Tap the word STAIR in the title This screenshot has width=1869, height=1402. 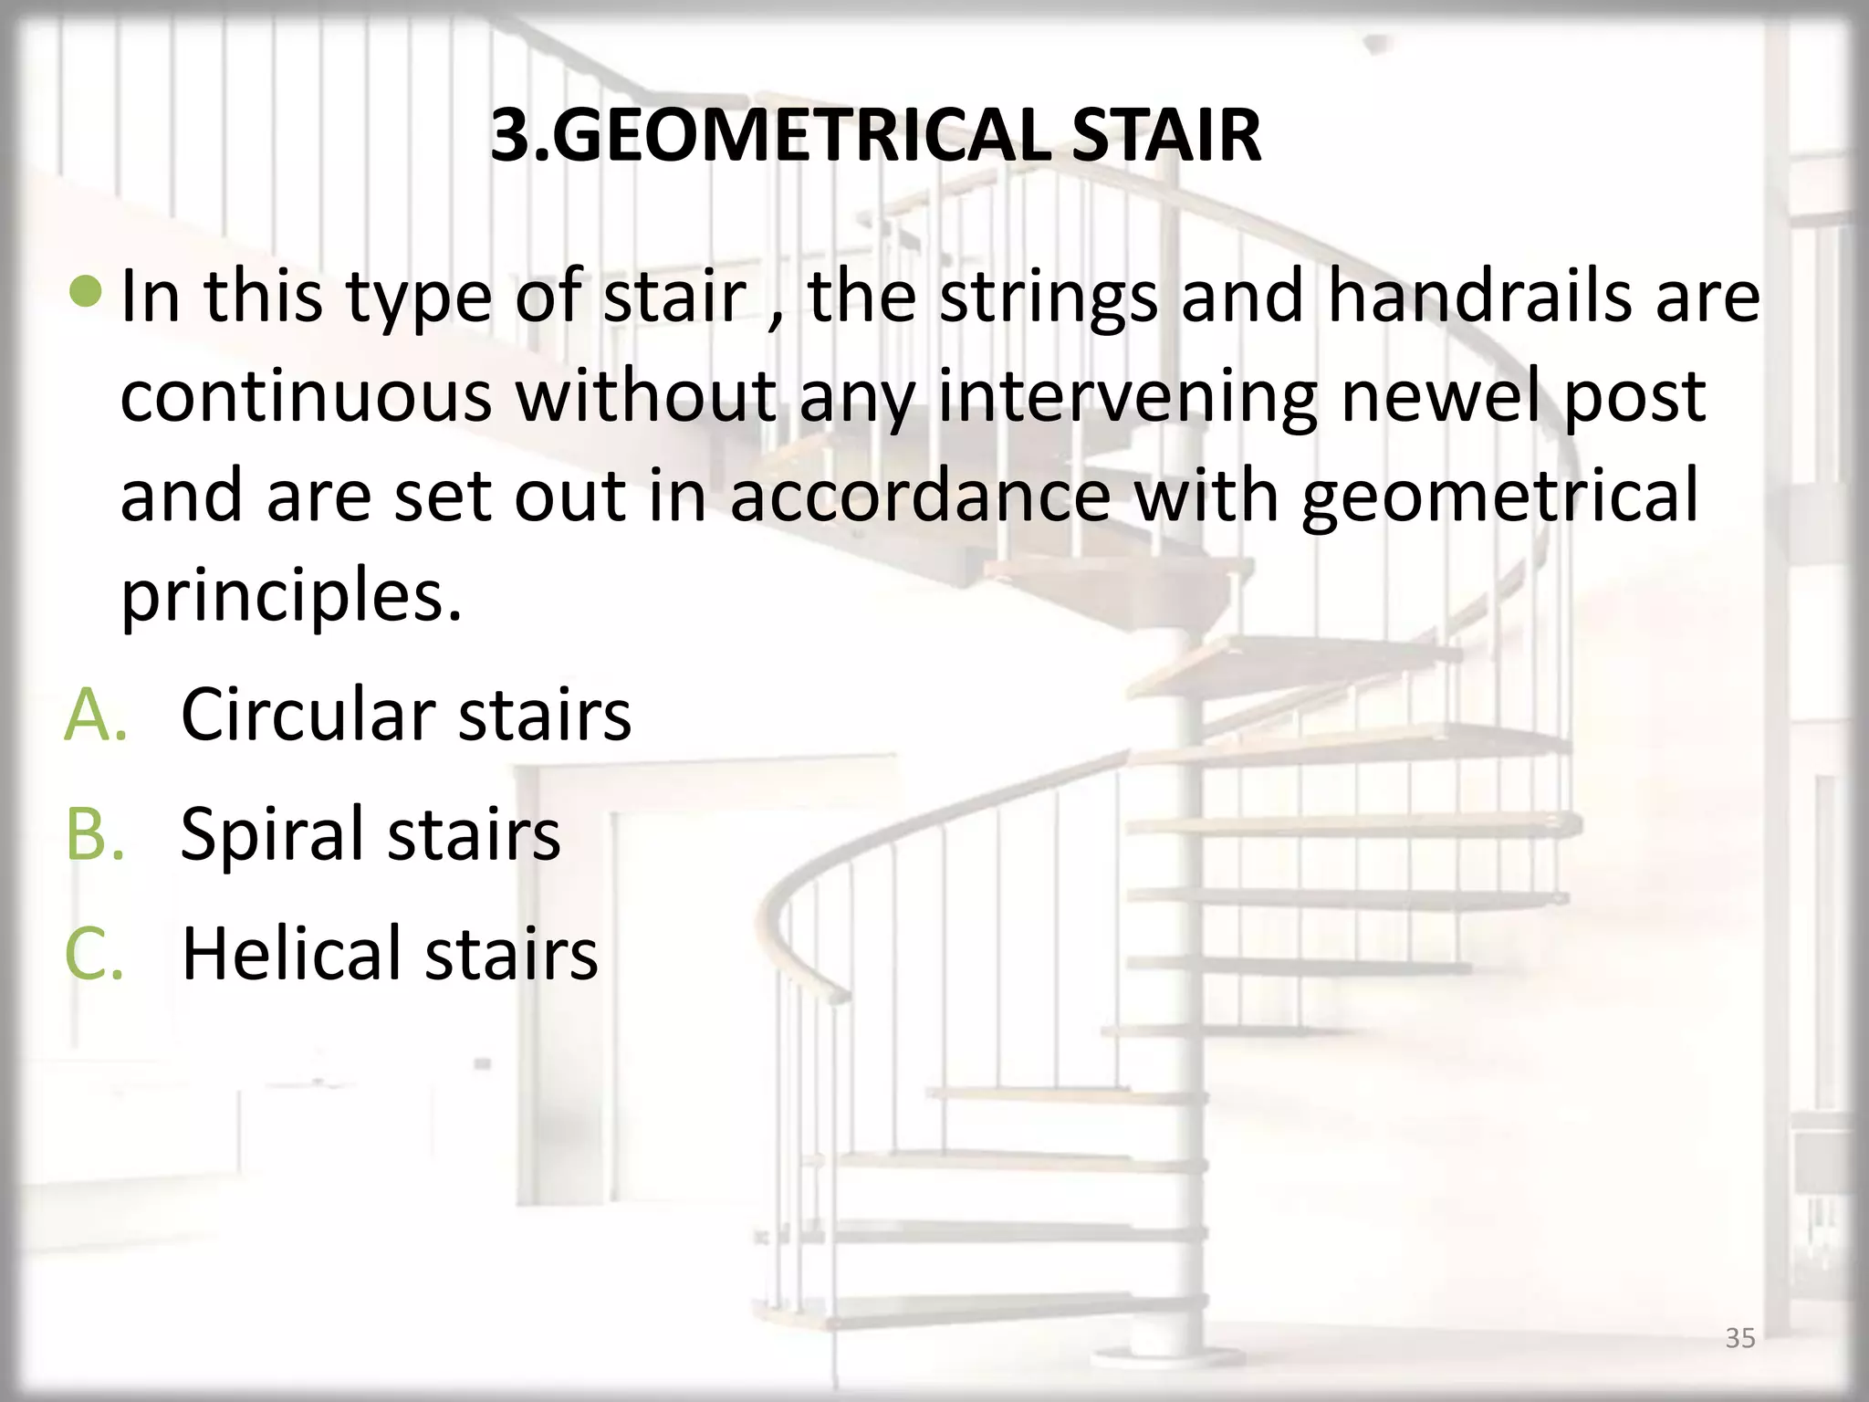coord(1166,136)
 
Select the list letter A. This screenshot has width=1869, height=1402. coord(93,714)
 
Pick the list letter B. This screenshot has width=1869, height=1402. coord(93,833)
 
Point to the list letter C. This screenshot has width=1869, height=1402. coord(93,953)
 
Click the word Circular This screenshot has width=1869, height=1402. coord(309,714)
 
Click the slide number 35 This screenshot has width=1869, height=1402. coord(1739,1338)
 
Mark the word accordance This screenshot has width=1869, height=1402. coord(921,496)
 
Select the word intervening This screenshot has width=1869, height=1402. coord(1127,397)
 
